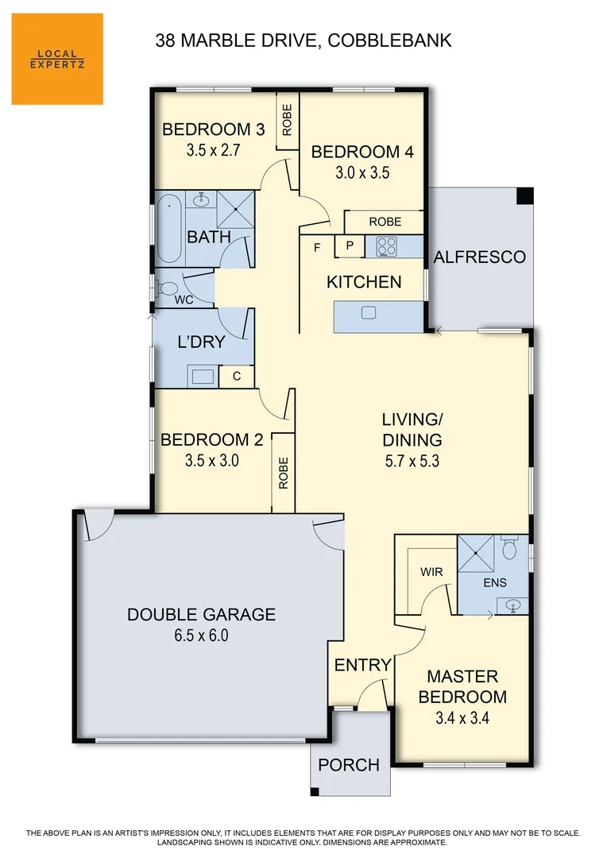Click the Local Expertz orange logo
[x=57, y=59]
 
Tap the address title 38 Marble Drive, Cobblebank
[x=303, y=41]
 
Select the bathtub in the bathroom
[x=168, y=230]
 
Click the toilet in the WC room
[x=168, y=288]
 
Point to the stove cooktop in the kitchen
[x=386, y=247]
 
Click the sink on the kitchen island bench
[x=368, y=313]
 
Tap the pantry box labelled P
[x=349, y=247]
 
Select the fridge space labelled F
[x=317, y=248]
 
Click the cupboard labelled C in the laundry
[x=236, y=377]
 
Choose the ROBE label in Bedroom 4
[x=385, y=222]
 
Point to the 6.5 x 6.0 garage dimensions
[x=201, y=636]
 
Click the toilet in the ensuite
[x=511, y=550]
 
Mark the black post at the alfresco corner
[x=524, y=196]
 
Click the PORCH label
[x=349, y=765]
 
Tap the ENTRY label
[x=362, y=665]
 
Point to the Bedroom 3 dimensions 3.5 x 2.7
[x=213, y=149]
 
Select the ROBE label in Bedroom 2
[x=284, y=473]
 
